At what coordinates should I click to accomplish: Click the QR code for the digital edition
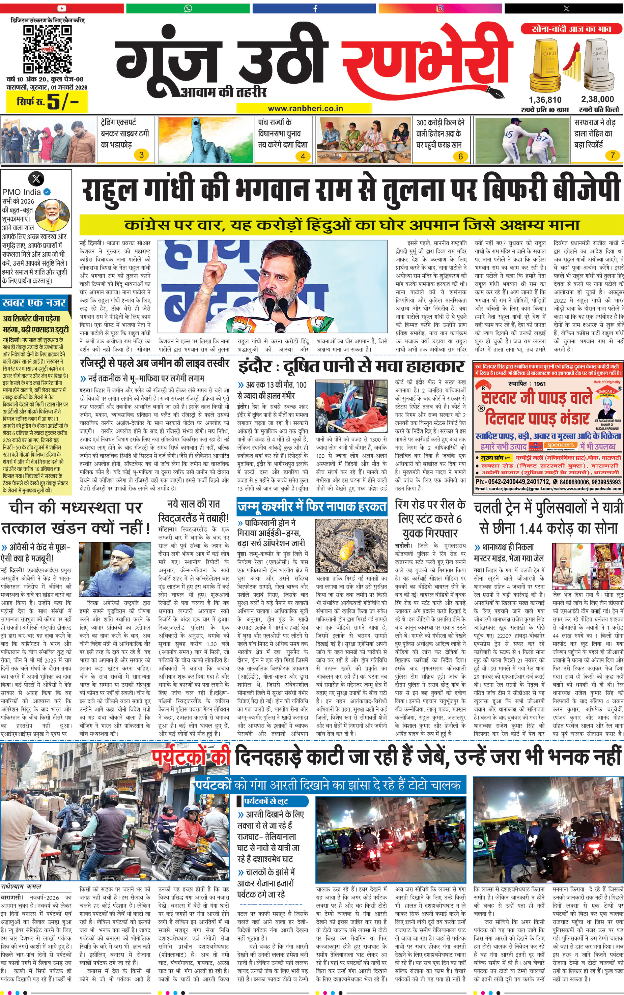click(47, 49)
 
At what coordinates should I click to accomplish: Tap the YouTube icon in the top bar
click(62, 8)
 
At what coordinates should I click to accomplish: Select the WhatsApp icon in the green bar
click(188, 8)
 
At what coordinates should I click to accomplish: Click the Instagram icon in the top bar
click(441, 8)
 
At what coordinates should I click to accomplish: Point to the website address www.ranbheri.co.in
click(305, 109)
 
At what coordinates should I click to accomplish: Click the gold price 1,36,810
click(545, 100)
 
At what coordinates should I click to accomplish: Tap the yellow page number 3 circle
click(141, 155)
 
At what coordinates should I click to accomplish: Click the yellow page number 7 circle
click(613, 155)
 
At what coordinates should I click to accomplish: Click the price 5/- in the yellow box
click(62, 101)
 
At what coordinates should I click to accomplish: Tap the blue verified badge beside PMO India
click(47, 192)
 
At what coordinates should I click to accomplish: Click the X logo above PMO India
click(36, 179)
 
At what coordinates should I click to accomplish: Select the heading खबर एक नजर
click(34, 303)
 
